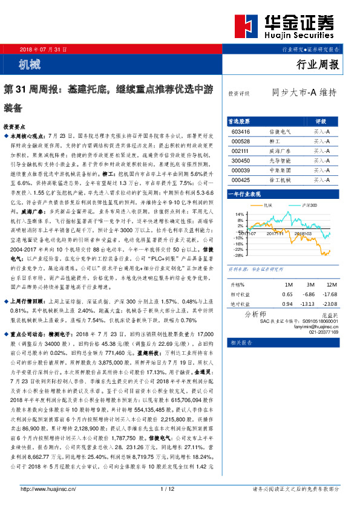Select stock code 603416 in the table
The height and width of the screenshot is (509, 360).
click(240, 131)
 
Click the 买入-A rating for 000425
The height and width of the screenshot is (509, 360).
click(321, 180)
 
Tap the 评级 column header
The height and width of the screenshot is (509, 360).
click(321, 121)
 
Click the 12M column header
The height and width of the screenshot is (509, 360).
click(330, 284)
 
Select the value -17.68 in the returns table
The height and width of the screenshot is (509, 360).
click(330, 293)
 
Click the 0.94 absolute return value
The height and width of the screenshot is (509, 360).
click(287, 303)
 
